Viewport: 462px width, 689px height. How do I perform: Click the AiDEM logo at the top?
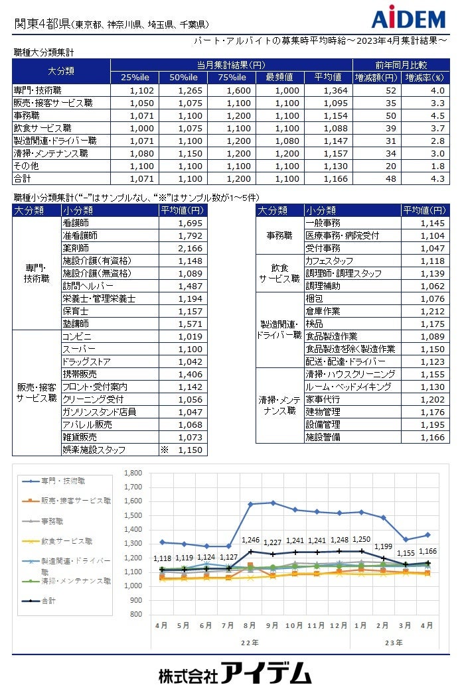408,19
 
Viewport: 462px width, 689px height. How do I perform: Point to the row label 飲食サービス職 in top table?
42,128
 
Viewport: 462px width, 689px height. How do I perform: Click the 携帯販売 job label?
79,374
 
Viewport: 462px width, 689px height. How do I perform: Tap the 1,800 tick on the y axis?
133,473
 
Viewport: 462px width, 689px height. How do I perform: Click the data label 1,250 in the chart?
361,540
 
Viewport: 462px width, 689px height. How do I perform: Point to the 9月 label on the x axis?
272,625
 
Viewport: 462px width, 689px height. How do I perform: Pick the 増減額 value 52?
390,90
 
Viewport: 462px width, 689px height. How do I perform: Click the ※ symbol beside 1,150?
164,450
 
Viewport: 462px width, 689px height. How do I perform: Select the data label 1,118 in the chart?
162,558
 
